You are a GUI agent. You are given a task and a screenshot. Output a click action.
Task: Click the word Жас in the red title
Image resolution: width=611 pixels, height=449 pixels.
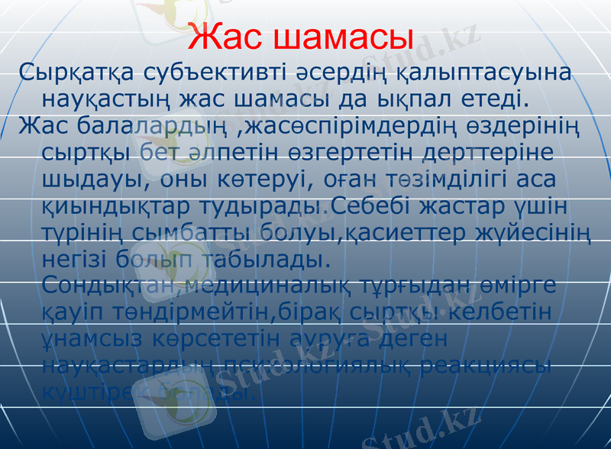point(227,37)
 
